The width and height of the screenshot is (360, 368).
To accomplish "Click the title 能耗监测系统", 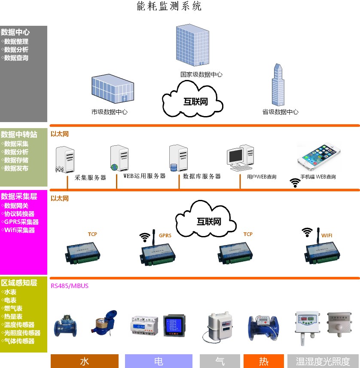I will coord(169,6).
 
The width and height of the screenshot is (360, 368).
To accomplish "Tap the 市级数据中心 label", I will coord(110,112).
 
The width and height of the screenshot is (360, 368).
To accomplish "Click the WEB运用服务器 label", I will coord(144,176).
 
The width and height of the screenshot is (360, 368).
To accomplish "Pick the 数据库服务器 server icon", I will coord(178,158).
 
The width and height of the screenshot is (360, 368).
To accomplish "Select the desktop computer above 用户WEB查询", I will coord(241,158).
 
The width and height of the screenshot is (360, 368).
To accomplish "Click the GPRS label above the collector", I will coord(165,236).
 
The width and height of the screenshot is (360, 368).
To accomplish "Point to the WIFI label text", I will coord(327,236).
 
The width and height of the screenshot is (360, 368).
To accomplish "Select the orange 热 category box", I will coord(263,361).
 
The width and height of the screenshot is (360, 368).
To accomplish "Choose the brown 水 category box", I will coord(84,361).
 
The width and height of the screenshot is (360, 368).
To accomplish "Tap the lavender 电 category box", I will coord(159,361).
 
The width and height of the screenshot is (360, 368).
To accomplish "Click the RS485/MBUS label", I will coord(70,286).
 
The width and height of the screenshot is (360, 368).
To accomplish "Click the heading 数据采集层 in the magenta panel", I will coord(19,196).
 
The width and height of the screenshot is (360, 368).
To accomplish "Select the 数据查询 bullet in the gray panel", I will coord(16,58).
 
